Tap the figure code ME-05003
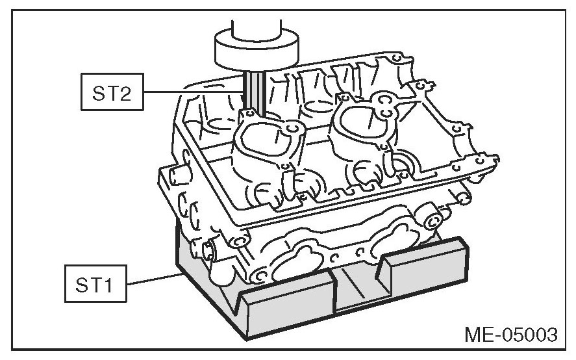tap(510, 335)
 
